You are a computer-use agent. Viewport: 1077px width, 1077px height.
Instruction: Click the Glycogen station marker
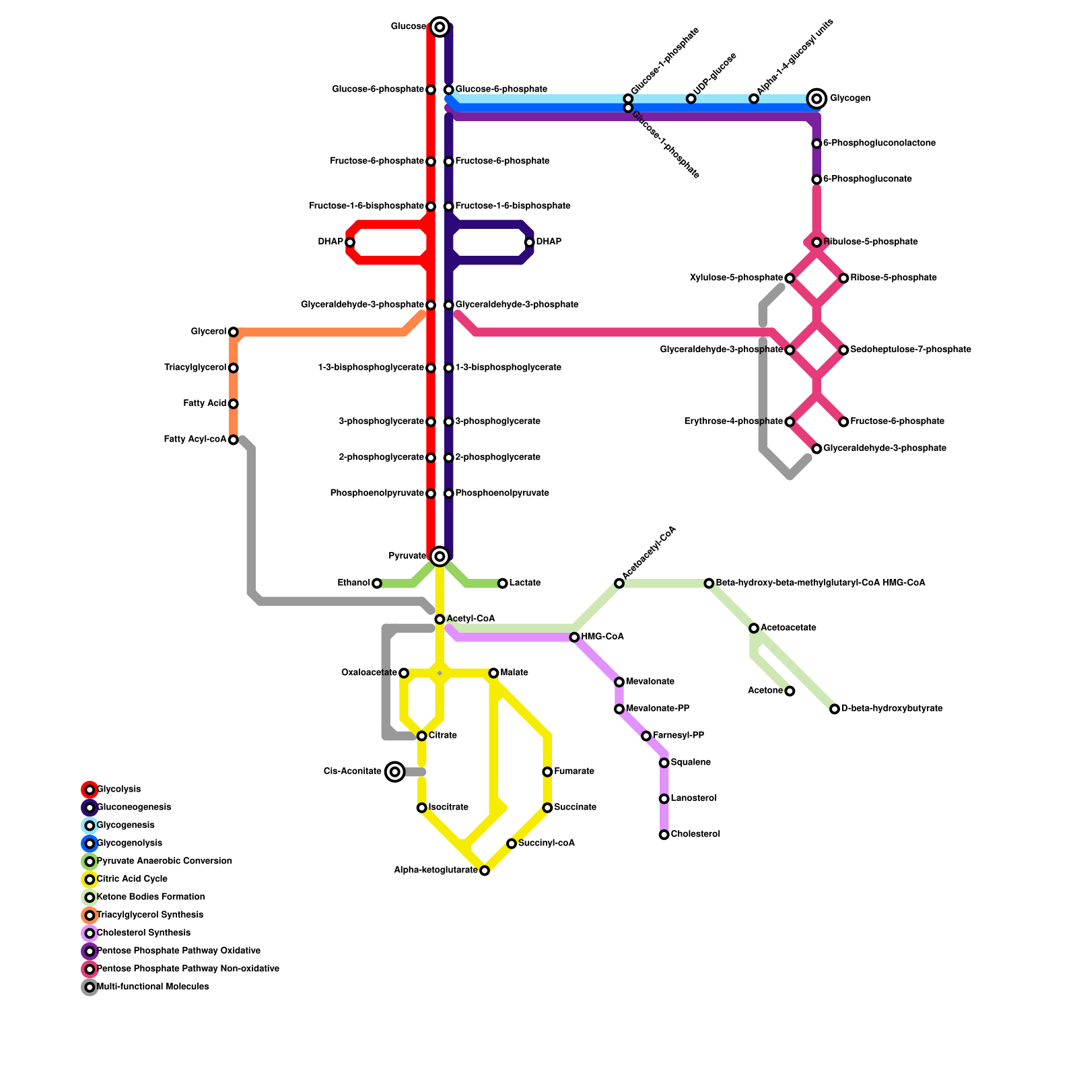817,99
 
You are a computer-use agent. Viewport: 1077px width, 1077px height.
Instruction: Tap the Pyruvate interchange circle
440,556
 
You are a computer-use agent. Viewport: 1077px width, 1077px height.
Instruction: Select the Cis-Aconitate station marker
395,771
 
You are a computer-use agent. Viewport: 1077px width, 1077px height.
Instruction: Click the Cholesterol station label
695,835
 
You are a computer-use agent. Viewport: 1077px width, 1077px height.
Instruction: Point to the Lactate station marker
503,583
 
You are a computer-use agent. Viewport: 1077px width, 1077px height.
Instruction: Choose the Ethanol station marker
377,583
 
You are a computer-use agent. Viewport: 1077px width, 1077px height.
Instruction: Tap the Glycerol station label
209,332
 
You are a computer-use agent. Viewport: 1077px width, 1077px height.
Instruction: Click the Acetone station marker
790,691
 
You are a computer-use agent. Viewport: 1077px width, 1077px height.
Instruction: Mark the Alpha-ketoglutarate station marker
485,870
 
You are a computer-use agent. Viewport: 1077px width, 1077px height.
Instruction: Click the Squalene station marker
664,763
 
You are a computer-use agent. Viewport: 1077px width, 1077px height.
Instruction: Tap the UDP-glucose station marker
691,99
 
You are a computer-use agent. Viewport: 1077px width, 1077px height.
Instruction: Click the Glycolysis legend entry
118,790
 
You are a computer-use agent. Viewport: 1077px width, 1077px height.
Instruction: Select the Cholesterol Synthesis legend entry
143,933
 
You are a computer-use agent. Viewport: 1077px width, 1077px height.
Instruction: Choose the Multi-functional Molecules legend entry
153,987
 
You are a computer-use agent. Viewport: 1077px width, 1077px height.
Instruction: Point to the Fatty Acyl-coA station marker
234,440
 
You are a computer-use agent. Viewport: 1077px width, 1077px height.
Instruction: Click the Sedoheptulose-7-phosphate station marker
843,350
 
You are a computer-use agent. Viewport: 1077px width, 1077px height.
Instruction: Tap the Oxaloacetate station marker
404,673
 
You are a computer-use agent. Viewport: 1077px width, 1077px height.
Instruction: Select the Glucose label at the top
409,27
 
